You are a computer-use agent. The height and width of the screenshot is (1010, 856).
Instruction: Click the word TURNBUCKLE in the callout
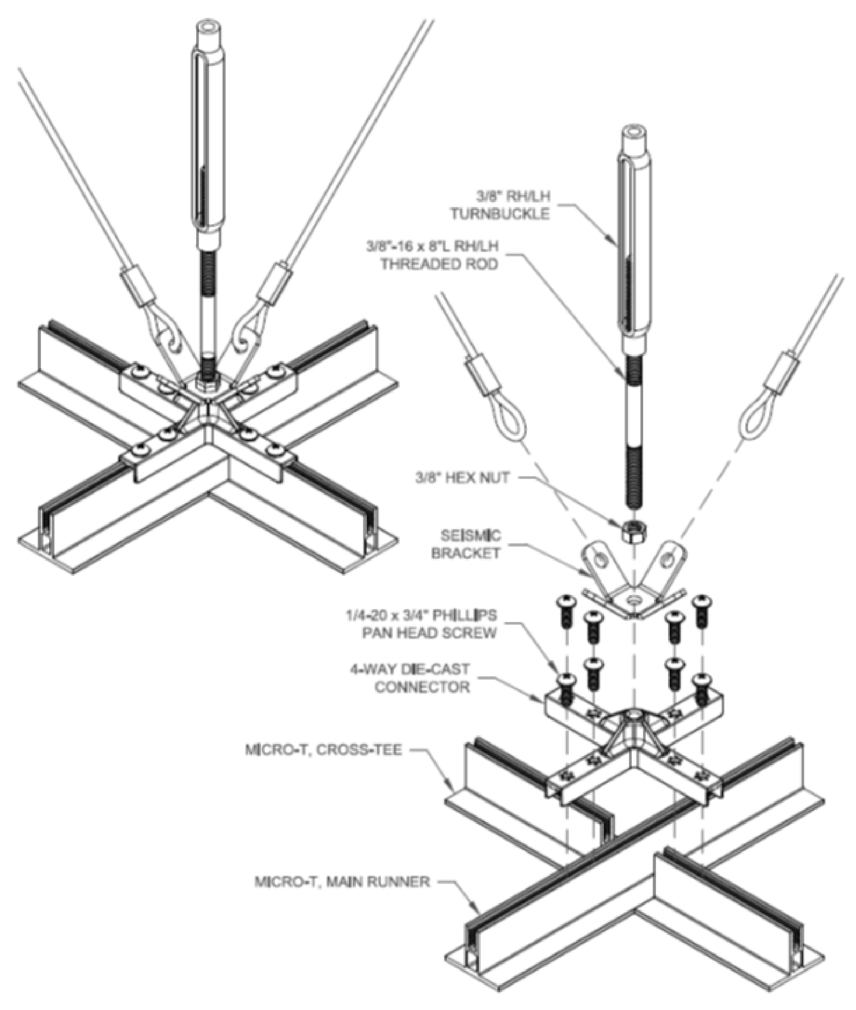499,214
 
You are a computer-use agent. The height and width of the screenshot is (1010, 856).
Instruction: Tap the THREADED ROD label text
439,264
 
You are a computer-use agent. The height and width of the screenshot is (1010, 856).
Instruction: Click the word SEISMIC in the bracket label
471,536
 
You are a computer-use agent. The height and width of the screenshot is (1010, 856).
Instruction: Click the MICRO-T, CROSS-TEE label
324,749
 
